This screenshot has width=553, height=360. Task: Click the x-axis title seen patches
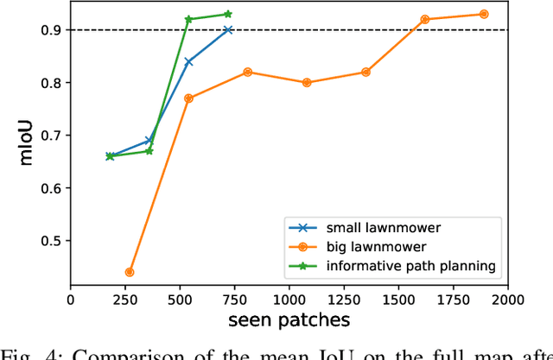click(x=289, y=320)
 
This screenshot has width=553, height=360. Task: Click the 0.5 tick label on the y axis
click(x=51, y=241)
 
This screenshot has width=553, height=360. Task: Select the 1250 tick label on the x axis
click(x=344, y=300)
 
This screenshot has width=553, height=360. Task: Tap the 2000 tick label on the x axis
click(x=507, y=300)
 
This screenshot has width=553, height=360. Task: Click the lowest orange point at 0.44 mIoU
click(x=130, y=272)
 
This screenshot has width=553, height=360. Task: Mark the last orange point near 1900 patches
click(x=484, y=14)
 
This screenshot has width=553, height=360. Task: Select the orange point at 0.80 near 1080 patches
click(x=307, y=83)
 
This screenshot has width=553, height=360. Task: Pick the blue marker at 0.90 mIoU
click(x=228, y=30)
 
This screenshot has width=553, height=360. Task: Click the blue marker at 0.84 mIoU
click(x=188, y=61)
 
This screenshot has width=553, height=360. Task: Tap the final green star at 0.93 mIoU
click(x=228, y=14)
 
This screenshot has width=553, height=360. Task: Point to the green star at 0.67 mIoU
click(x=149, y=151)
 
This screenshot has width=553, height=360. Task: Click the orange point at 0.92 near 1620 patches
click(x=424, y=19)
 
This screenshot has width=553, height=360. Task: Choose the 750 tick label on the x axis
click(x=234, y=300)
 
